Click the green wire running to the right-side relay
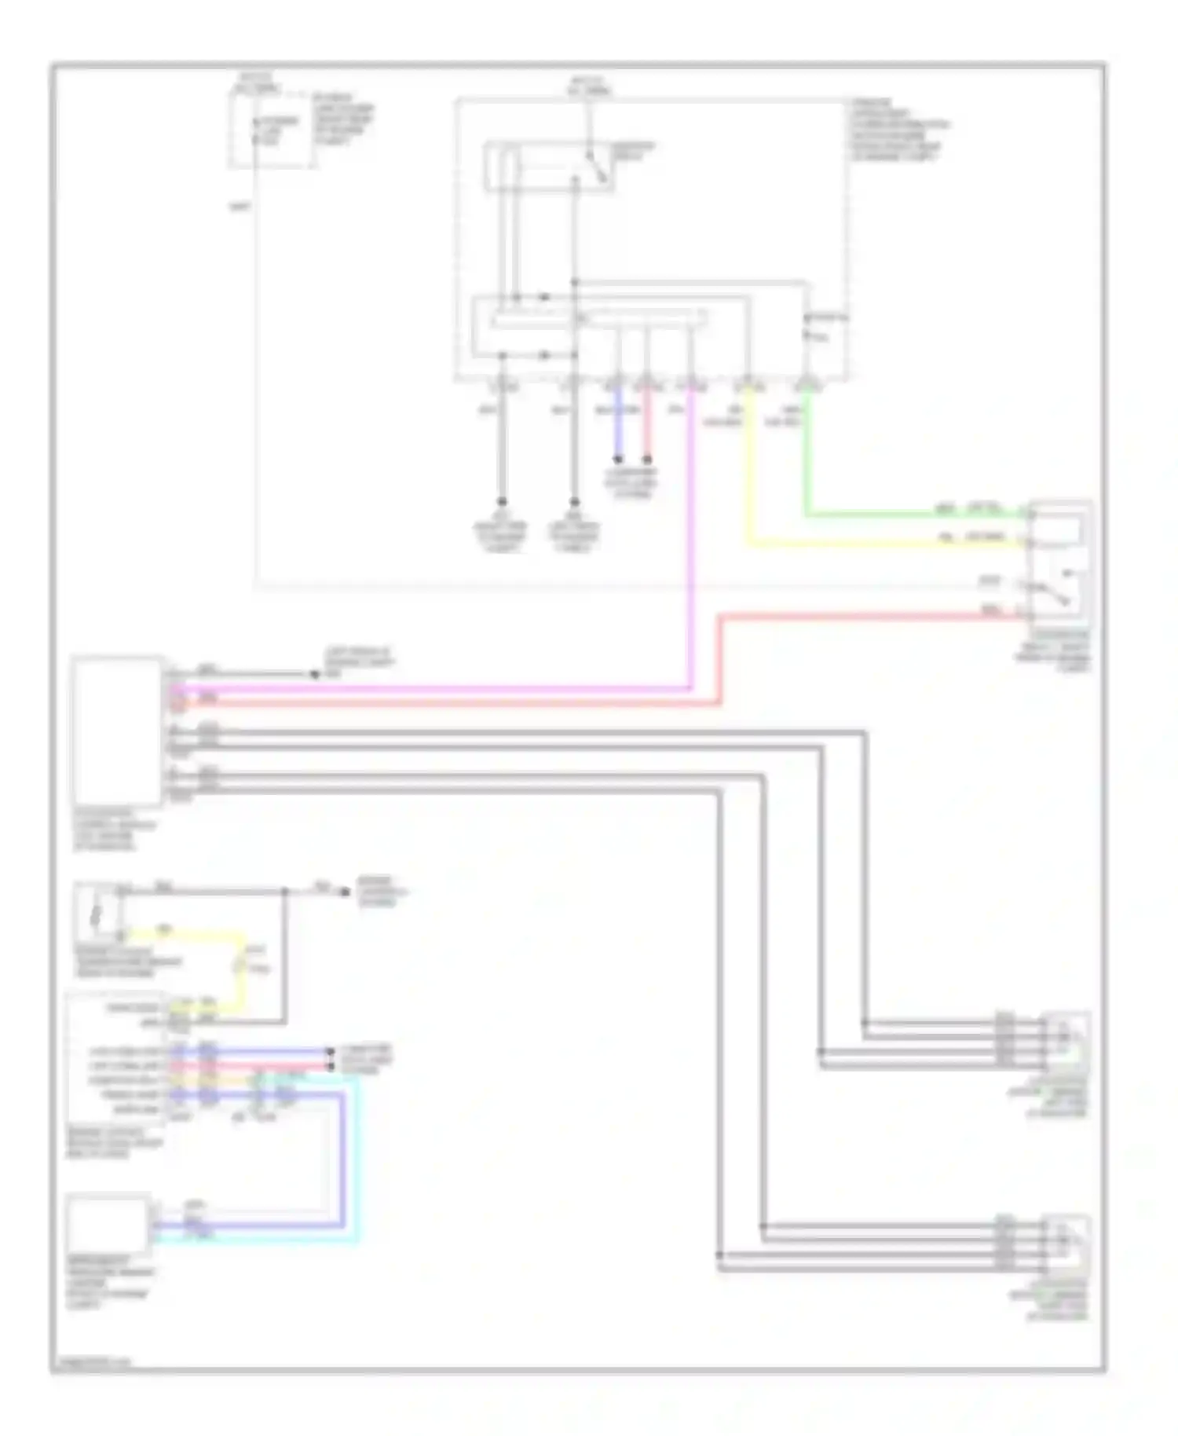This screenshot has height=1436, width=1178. click(903, 516)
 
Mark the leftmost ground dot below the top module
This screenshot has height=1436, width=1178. click(503, 503)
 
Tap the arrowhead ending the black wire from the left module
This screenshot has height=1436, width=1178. click(313, 674)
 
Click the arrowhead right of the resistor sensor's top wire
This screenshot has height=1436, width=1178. click(343, 892)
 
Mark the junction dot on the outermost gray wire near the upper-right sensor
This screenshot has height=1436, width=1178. click(865, 1023)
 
